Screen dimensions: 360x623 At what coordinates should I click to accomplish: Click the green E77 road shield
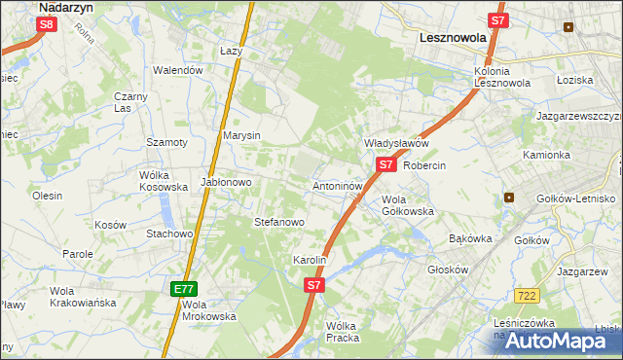(184, 289)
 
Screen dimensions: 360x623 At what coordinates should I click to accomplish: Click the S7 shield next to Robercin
(386, 164)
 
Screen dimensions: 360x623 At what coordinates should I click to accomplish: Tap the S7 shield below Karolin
(313, 285)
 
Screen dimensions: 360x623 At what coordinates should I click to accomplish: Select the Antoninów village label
(338, 185)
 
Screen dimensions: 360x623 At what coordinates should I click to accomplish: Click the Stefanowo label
(279, 222)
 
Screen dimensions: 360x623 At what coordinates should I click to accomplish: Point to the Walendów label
(178, 70)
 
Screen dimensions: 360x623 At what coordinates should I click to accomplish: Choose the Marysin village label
(241, 135)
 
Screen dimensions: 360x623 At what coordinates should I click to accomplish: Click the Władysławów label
(396, 143)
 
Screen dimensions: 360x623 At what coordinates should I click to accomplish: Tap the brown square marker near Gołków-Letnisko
(508, 198)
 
